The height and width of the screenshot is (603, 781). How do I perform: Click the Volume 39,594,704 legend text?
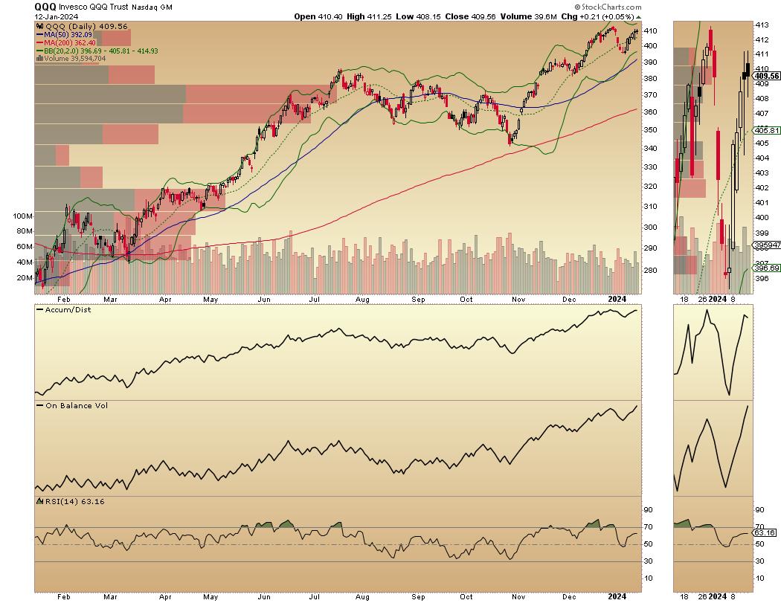(77, 58)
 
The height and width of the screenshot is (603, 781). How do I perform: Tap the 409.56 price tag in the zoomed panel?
(766, 76)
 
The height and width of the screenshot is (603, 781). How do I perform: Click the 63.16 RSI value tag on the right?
(765, 533)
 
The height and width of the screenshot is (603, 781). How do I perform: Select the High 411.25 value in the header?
(356, 16)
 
